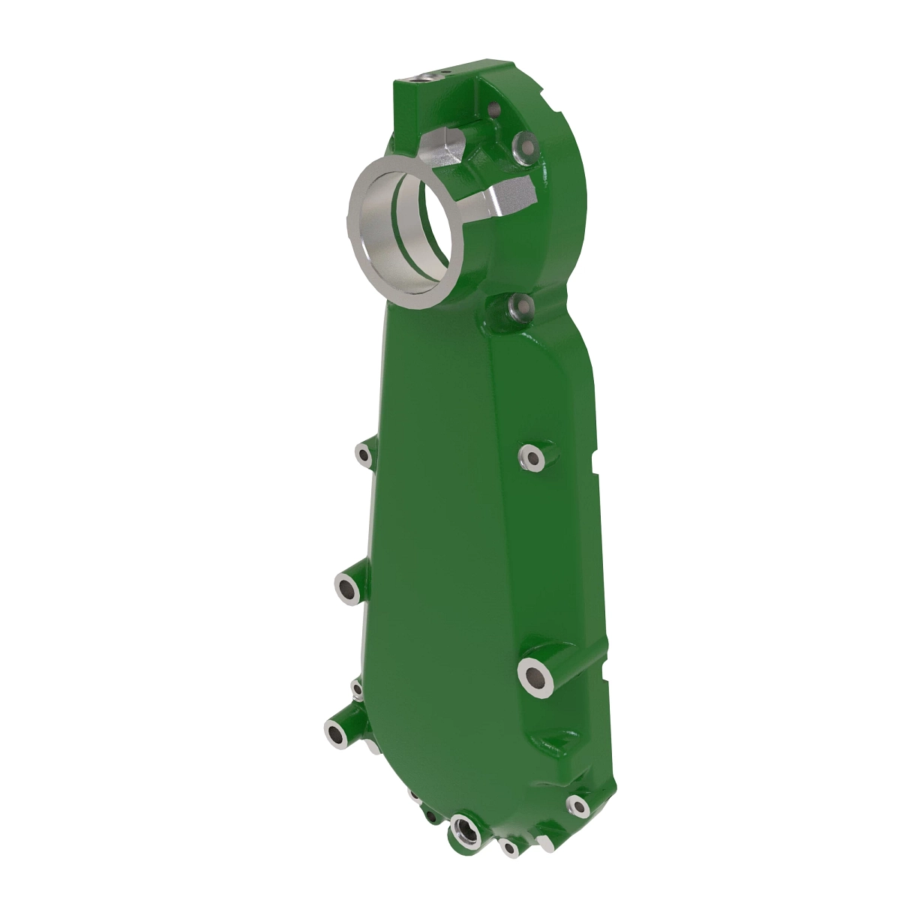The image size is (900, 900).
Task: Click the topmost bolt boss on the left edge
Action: pyautogui.click(x=364, y=454)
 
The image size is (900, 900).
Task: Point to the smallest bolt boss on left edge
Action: pyautogui.click(x=357, y=688)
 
